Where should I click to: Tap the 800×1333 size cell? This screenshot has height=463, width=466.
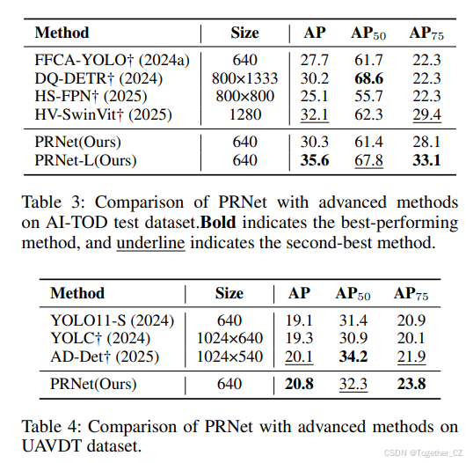tap(245, 78)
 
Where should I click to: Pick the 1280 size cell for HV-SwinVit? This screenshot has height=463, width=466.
tap(245, 114)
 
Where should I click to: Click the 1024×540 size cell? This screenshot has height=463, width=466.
tap(230, 356)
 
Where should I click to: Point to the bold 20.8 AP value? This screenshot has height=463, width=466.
tap(300, 385)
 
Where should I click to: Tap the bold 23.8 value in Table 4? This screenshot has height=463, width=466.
tap(410, 385)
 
